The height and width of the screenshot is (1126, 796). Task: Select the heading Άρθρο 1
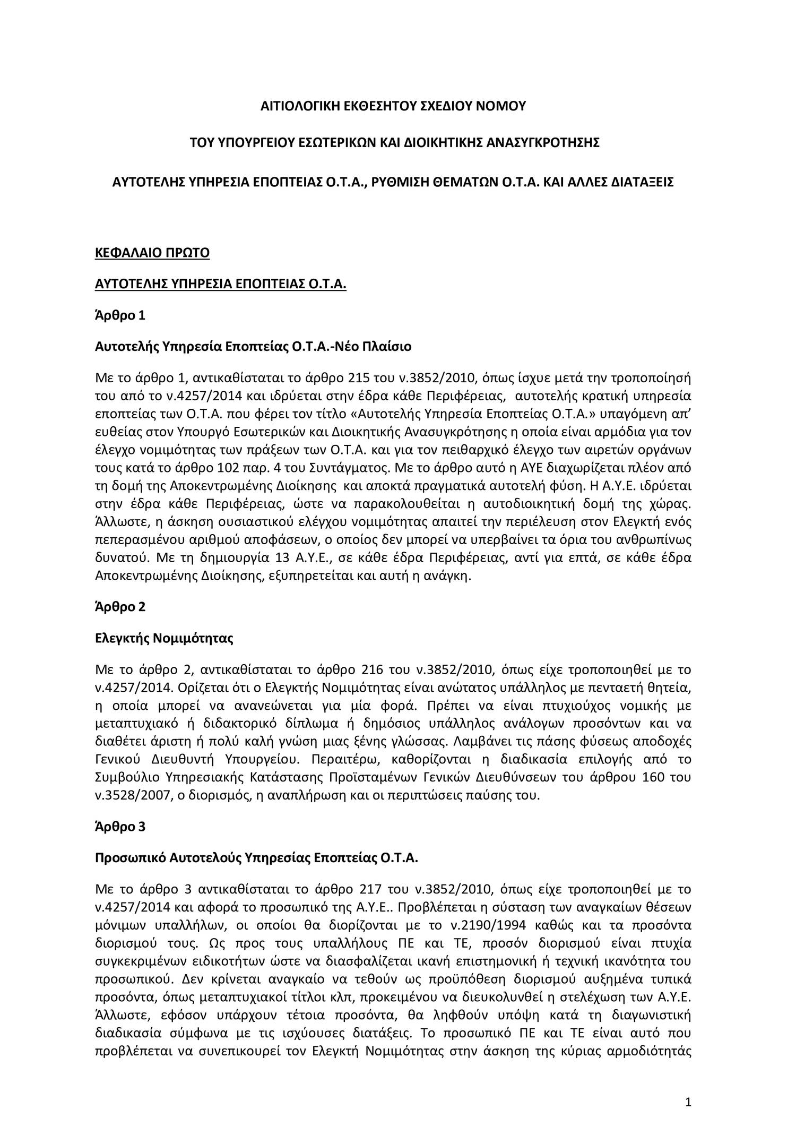(x=119, y=315)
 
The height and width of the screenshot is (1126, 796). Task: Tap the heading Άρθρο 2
(x=119, y=607)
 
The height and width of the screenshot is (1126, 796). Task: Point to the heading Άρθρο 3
(x=119, y=827)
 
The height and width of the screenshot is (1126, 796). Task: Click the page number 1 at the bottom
(x=689, y=1085)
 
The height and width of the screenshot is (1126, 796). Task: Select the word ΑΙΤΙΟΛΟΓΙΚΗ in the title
(x=300, y=106)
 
